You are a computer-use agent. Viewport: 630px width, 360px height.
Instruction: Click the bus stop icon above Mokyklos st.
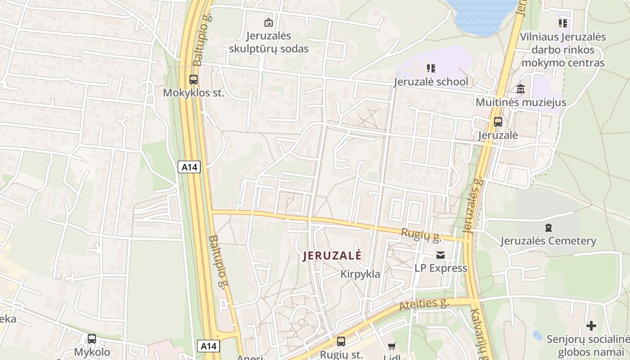(x=193, y=80)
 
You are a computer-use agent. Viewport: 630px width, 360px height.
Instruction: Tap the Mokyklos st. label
(x=193, y=93)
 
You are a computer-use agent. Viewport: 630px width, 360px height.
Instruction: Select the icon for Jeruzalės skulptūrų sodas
(x=269, y=22)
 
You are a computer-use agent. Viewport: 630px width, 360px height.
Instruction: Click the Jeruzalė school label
(x=431, y=82)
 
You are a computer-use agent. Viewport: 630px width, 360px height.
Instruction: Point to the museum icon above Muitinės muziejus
(x=521, y=89)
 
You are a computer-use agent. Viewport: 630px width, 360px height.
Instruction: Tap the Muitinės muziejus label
(x=521, y=102)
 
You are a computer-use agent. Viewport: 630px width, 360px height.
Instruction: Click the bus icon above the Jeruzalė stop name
(x=498, y=121)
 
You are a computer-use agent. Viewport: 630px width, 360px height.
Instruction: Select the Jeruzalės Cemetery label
(x=548, y=241)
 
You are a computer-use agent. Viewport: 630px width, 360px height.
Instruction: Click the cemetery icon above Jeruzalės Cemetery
(x=548, y=228)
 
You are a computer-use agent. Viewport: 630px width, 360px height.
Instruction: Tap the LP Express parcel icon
(x=441, y=255)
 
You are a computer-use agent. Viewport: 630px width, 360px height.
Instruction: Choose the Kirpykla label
(x=360, y=274)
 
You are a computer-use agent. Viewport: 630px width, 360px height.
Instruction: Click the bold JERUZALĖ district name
(x=332, y=256)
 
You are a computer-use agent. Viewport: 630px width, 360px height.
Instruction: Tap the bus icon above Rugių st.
(x=341, y=341)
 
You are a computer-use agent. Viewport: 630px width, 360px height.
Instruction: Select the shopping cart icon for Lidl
(x=392, y=346)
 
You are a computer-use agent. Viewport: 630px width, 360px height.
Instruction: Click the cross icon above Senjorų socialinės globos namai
(x=591, y=325)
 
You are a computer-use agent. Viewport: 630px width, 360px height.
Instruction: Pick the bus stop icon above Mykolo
(x=92, y=338)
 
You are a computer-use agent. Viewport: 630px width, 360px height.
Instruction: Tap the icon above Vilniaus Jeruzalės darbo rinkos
(x=562, y=23)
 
